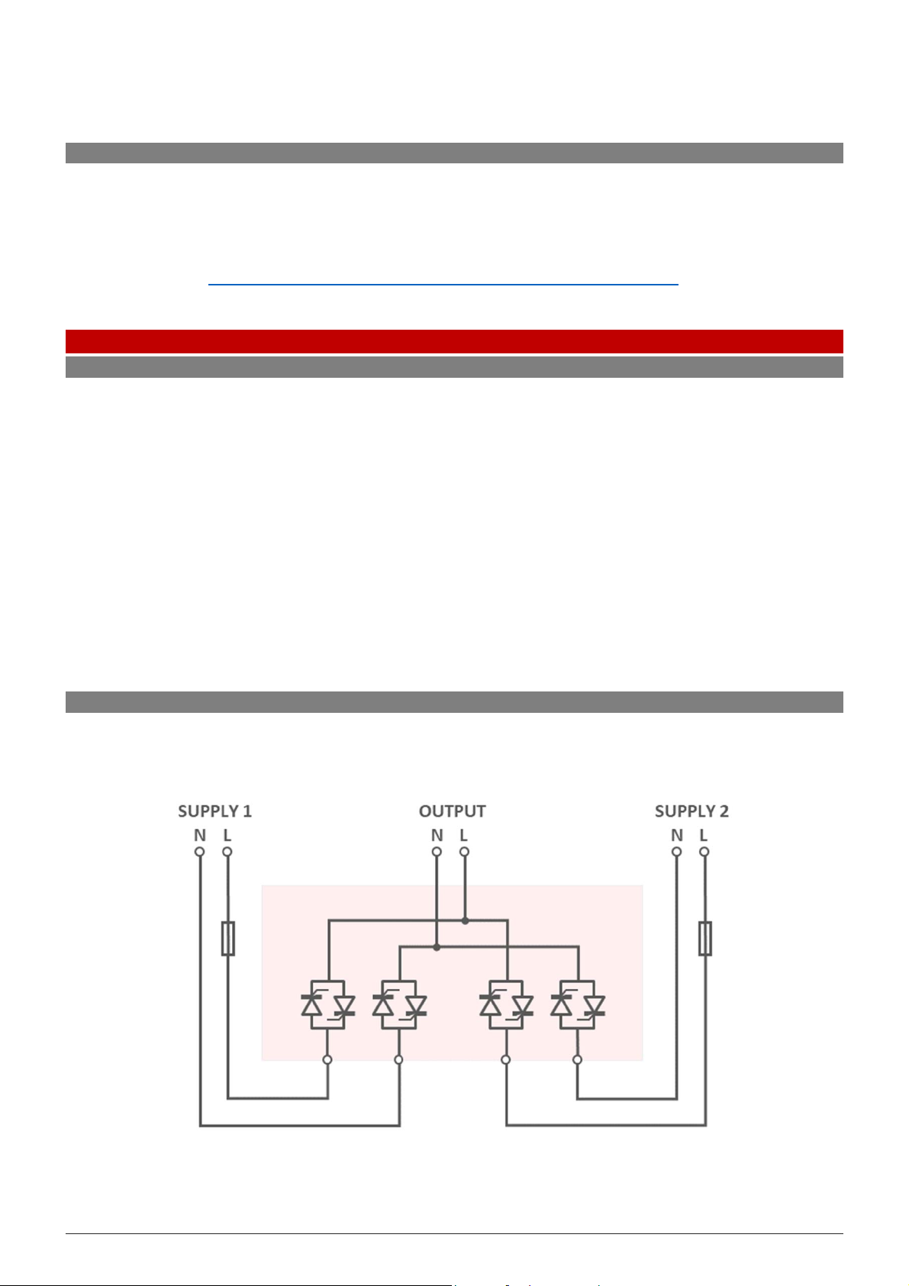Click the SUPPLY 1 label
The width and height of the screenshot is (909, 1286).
(214, 811)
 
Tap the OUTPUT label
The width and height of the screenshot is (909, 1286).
(452, 811)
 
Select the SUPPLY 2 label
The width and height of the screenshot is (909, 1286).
(691, 811)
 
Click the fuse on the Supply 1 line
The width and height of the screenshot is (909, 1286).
(227, 938)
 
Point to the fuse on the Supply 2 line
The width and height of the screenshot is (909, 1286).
(705, 938)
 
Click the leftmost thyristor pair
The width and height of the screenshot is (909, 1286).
(328, 1005)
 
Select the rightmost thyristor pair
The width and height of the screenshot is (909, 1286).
(578, 1005)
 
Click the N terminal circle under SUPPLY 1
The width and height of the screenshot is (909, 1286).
(200, 852)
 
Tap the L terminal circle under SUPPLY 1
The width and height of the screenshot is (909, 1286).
(227, 852)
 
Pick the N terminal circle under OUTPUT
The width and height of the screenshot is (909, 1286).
(437, 852)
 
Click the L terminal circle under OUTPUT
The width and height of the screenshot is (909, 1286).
(464, 852)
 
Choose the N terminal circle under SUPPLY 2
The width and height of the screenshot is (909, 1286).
(676, 852)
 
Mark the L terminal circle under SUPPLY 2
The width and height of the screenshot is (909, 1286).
(704, 852)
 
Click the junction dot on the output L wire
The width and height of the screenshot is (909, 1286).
(465, 920)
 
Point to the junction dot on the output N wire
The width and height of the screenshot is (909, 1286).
(437, 947)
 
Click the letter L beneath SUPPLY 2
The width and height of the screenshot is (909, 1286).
(704, 836)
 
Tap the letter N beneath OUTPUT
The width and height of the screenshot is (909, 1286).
(437, 836)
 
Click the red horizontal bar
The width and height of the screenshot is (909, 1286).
(454, 340)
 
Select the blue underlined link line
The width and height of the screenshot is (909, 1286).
(443, 284)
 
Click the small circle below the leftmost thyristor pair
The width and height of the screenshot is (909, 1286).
(327, 1059)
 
